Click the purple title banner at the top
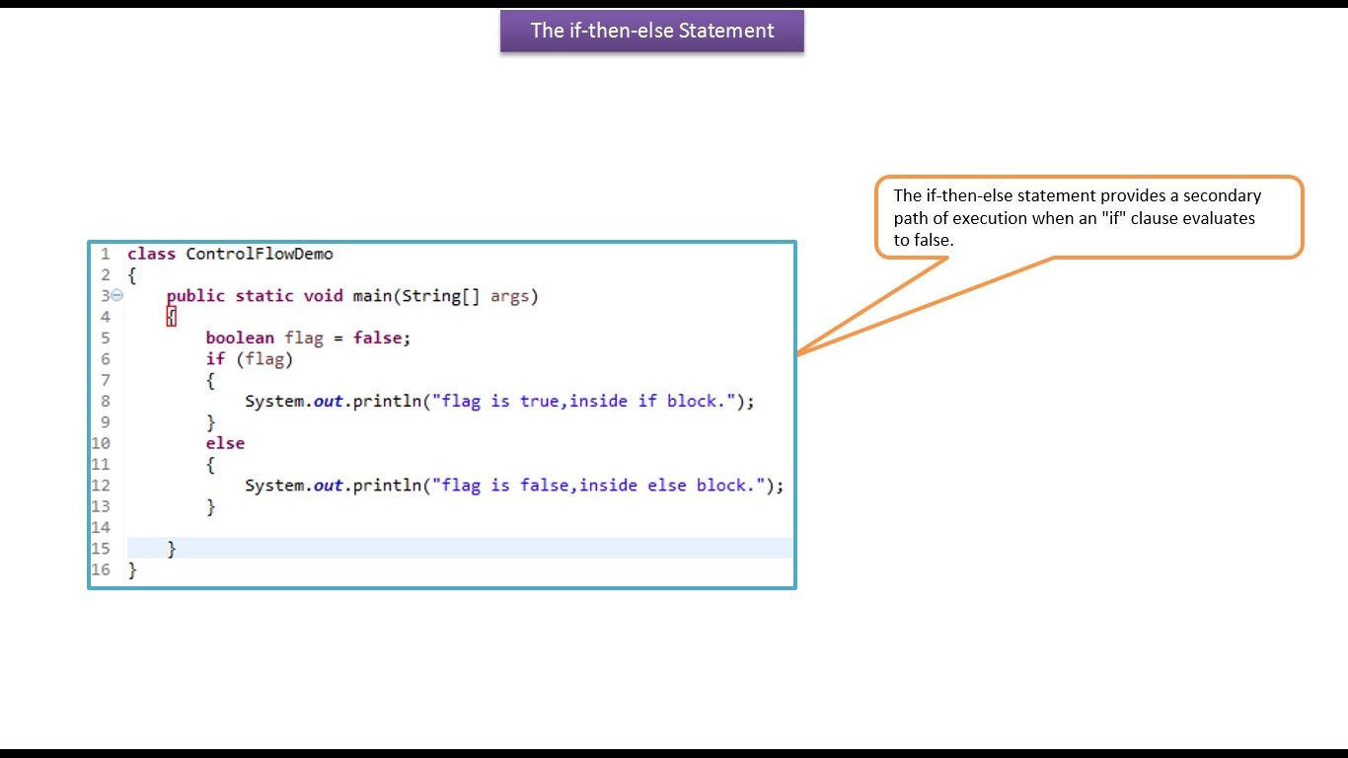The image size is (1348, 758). pyautogui.click(x=651, y=31)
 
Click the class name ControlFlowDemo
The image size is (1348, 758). pyautogui.click(x=260, y=254)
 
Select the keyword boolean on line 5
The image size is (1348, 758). pyautogui.click(x=240, y=338)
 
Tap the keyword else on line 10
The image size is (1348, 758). pyautogui.click(x=225, y=443)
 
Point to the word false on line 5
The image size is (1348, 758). pyautogui.click(x=378, y=338)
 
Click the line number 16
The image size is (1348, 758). pyautogui.click(x=101, y=569)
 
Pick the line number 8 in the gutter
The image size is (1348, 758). pyautogui.click(x=105, y=401)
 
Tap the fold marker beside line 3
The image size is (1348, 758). pyautogui.click(x=117, y=295)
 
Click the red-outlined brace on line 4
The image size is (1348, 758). pyautogui.click(x=172, y=317)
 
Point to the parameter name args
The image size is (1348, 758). pyautogui.click(x=509, y=295)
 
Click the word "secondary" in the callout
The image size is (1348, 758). pyautogui.click(x=1224, y=195)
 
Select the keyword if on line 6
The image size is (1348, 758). pyautogui.click(x=215, y=358)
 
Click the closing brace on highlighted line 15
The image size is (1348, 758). pyautogui.click(x=172, y=548)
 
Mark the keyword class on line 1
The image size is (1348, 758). pyautogui.click(x=151, y=254)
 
